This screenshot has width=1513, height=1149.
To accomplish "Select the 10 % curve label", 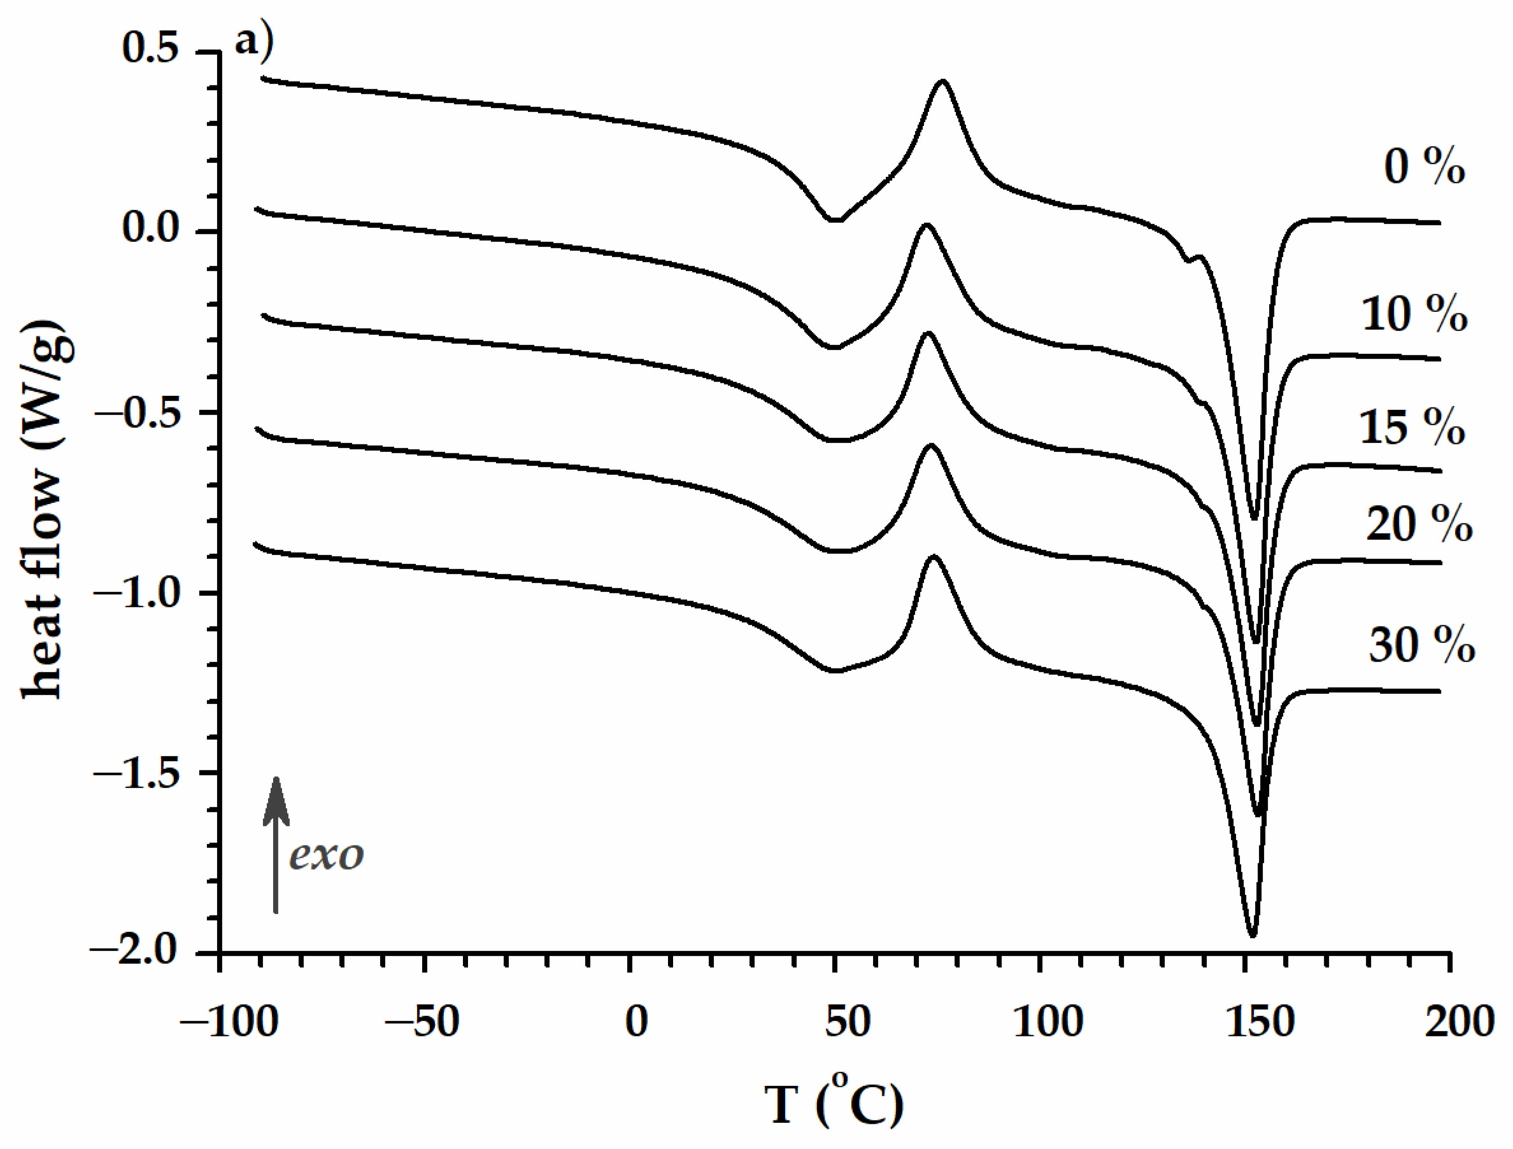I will (1414, 314).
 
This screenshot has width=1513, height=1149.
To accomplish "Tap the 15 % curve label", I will (1412, 428).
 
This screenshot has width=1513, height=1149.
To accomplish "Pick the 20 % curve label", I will (1419, 525).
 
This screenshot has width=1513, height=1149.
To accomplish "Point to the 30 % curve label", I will (1421, 644).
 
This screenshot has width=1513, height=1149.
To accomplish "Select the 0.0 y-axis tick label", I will (150, 229).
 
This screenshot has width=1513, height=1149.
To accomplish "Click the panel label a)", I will (254, 43).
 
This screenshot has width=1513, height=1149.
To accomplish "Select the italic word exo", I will (326, 855).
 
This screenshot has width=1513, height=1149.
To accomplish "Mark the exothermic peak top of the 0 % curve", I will (943, 81).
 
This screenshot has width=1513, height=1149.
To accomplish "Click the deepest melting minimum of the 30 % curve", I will (1253, 936).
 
